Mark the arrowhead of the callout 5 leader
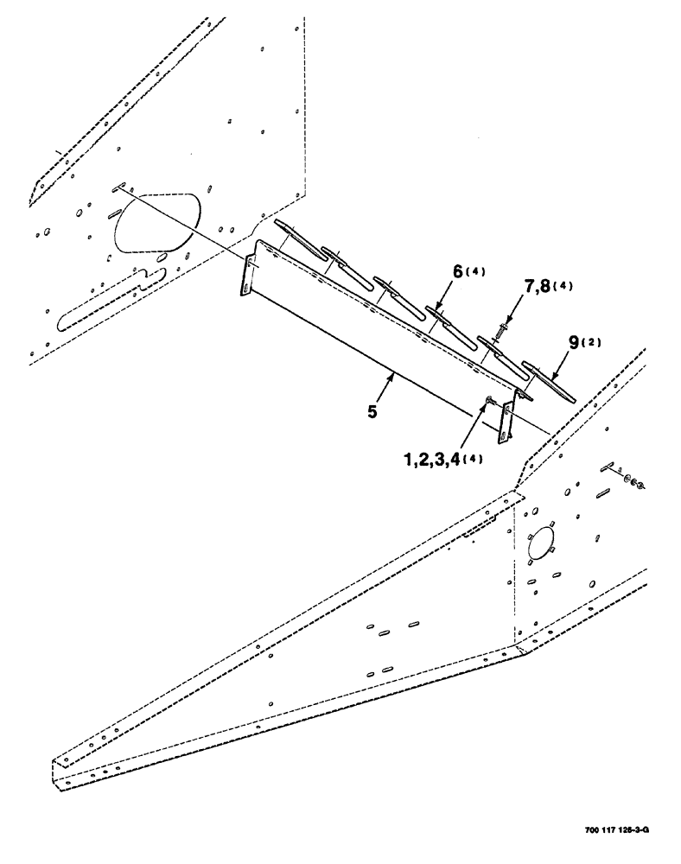point(394,374)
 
